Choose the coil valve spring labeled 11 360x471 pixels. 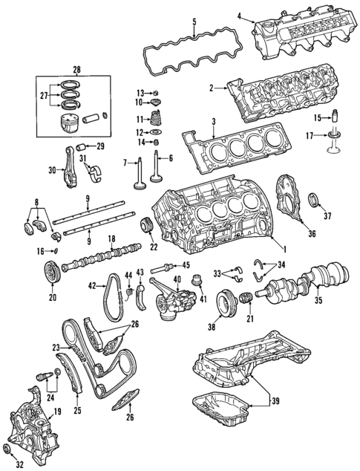[x=156, y=118]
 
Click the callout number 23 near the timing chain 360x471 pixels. [x=55, y=346]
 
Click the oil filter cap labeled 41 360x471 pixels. [x=197, y=283]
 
